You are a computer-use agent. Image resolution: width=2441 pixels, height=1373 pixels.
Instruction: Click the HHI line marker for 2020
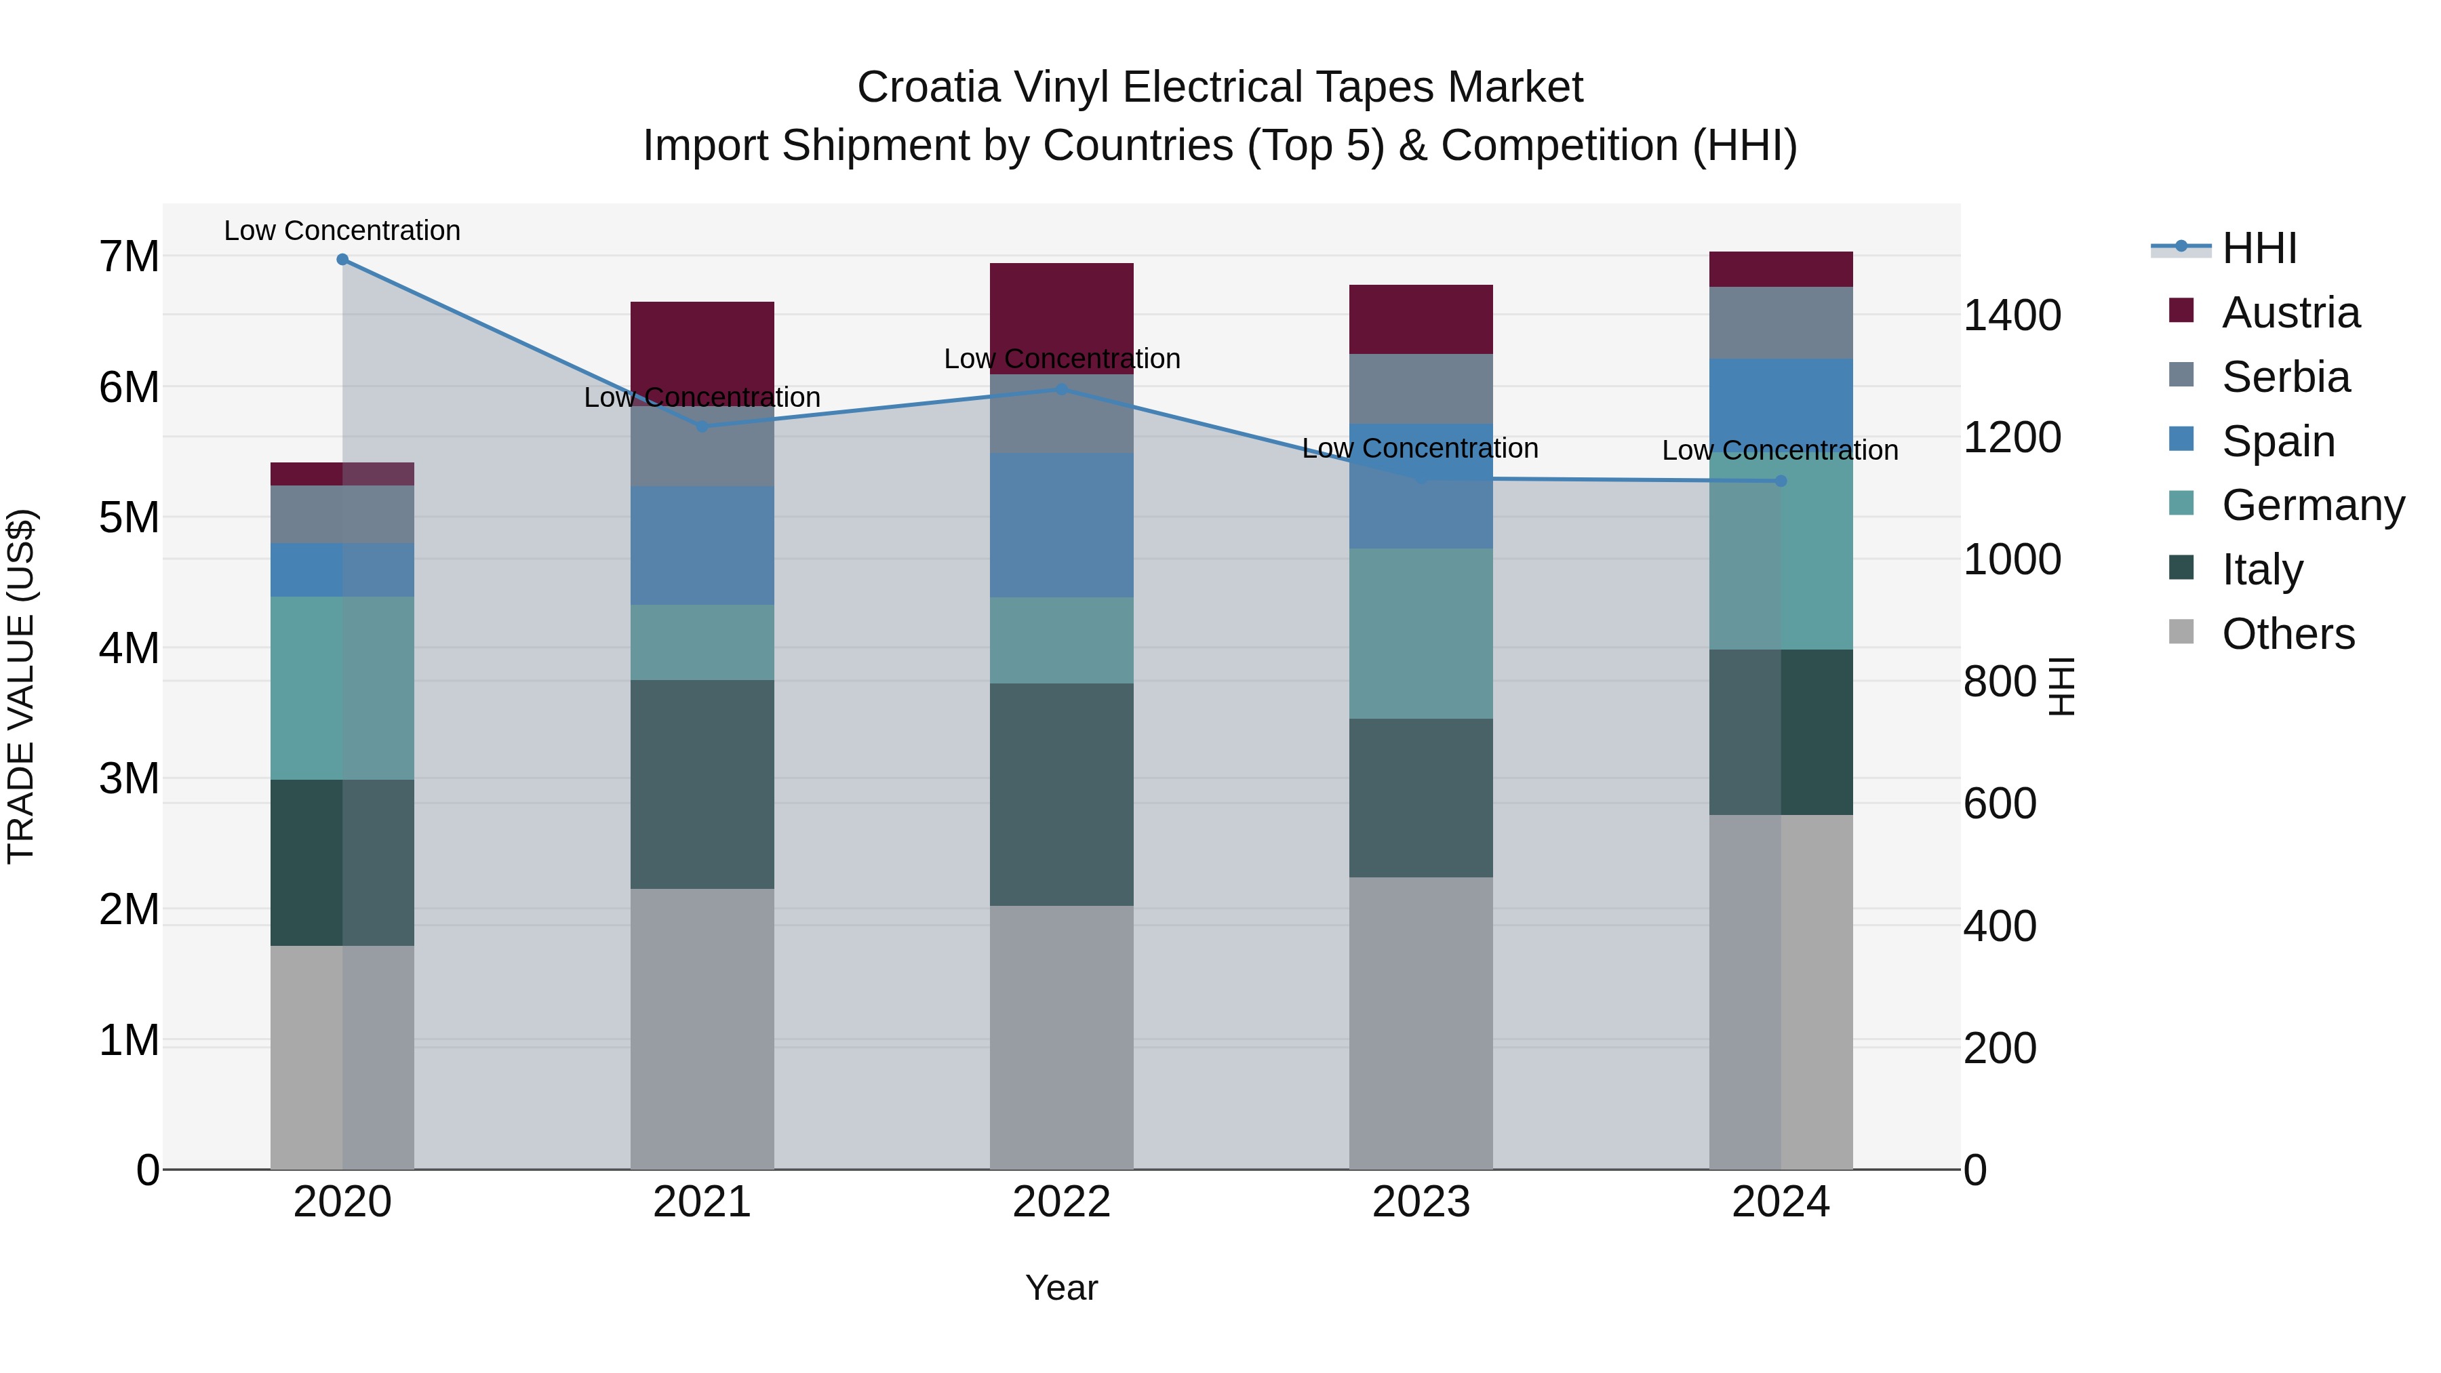point(342,260)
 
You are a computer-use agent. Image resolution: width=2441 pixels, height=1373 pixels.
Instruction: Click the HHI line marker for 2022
point(1061,389)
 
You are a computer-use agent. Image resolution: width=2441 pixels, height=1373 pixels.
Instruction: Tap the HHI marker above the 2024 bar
point(1781,481)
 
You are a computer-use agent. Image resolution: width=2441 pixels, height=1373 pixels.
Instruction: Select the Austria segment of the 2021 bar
point(702,341)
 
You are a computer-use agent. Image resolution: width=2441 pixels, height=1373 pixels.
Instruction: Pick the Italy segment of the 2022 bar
point(1061,794)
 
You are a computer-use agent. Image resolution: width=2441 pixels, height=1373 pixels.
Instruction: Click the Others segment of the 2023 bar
point(1421,1023)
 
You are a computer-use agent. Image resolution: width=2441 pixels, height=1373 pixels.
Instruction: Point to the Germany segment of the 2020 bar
point(342,688)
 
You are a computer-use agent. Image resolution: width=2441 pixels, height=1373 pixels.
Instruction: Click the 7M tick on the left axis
point(129,257)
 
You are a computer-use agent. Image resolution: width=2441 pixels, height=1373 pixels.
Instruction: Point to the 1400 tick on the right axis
point(2011,315)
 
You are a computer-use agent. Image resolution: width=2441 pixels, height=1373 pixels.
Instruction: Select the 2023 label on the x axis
point(1421,1202)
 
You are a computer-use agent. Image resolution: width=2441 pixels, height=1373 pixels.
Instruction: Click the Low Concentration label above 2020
point(342,231)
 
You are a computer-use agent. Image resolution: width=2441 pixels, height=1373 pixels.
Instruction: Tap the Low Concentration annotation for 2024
point(1780,450)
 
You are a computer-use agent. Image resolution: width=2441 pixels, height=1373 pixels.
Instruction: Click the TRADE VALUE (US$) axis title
point(21,686)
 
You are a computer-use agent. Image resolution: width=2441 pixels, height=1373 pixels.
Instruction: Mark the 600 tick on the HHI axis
point(2000,804)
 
